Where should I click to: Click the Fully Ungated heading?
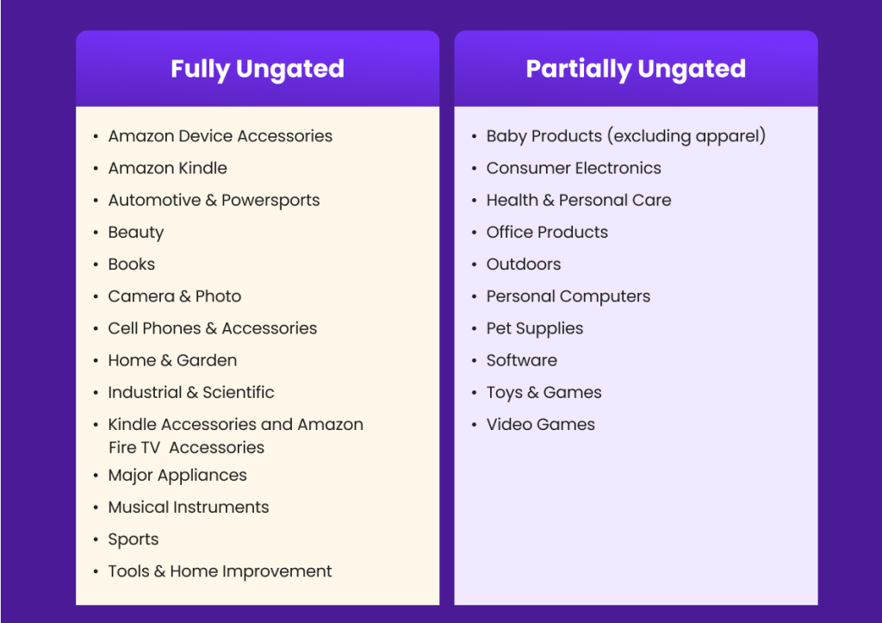pos(257,69)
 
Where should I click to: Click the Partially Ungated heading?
pos(636,69)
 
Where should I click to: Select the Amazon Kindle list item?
pos(168,168)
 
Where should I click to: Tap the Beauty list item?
pos(136,233)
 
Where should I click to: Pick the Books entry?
pos(132,265)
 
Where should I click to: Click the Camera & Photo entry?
pos(175,296)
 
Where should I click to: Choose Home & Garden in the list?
pos(172,361)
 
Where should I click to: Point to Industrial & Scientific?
pos(191,393)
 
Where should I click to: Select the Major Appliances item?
pos(177,476)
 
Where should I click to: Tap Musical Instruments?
pos(189,508)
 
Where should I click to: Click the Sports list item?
pos(134,539)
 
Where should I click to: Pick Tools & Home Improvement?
pos(220,572)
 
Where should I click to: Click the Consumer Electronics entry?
pos(574,168)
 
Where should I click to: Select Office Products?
pos(547,233)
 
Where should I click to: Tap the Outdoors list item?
pos(524,265)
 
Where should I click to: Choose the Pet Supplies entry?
pos(535,328)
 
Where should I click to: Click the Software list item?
pos(522,361)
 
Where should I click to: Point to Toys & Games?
pos(544,393)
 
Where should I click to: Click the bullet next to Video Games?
pos(475,426)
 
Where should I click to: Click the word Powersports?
pos(270,201)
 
